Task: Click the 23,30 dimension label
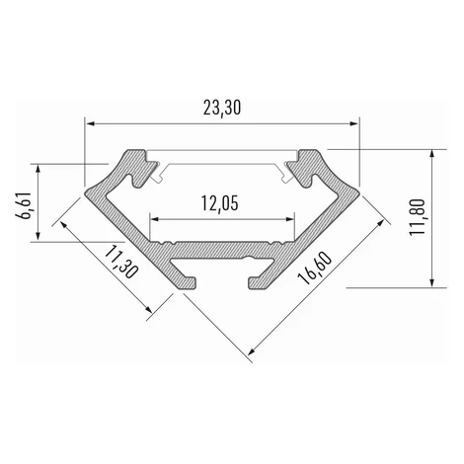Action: [222, 108]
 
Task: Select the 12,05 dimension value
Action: [219, 203]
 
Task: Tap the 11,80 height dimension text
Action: [418, 217]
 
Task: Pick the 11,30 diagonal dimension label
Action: [120, 263]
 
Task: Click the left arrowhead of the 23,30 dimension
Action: [90, 123]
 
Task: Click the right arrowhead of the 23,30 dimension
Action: [353, 123]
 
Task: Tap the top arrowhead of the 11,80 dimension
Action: [432, 155]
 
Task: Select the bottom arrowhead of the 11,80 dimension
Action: [432, 282]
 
